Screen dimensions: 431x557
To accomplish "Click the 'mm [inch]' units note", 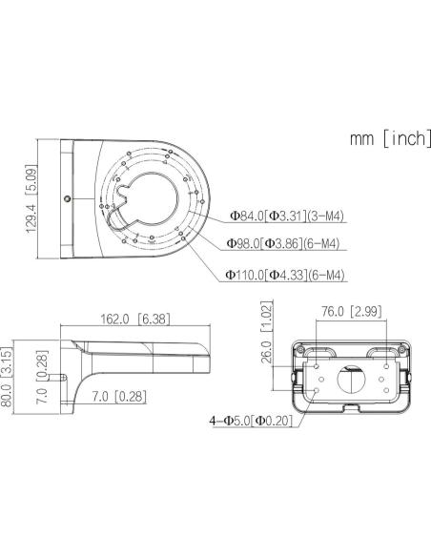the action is point(391,139).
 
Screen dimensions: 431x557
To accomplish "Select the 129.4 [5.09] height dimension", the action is point(31,199).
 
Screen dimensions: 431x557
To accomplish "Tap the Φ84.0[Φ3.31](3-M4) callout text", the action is point(287,216).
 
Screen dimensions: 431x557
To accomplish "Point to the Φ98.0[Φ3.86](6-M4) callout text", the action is point(283,243).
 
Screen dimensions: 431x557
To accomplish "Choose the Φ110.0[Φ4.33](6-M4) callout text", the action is point(285,275).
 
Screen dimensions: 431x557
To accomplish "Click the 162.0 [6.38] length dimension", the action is point(134,319).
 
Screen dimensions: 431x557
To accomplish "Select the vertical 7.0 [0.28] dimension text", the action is point(42,377).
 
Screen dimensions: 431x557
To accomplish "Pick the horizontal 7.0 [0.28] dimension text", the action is point(119,397).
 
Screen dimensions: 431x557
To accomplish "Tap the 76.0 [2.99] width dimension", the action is point(352,311).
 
